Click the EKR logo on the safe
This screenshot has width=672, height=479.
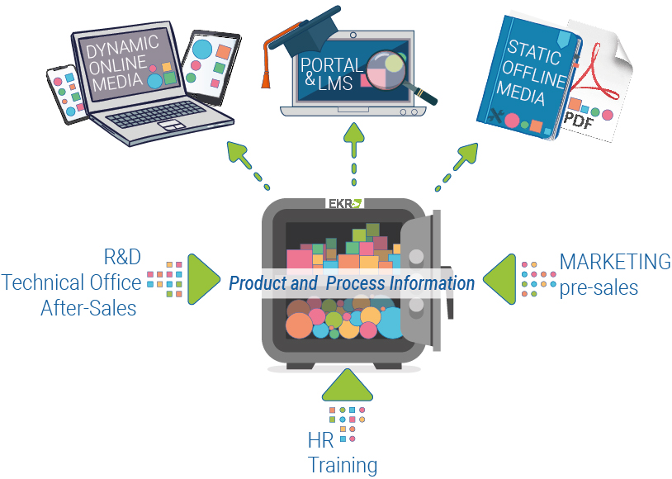pyautogui.click(x=345, y=203)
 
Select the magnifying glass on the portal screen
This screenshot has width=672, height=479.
pyautogui.click(x=399, y=75)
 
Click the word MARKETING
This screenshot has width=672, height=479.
pyautogui.click(x=615, y=262)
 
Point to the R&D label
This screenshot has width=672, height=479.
pyautogui.click(x=122, y=257)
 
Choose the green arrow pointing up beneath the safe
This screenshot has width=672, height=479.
pyautogui.click(x=347, y=384)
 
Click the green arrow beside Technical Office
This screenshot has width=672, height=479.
pyautogui.click(x=204, y=279)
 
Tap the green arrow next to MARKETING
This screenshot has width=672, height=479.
pyautogui.click(x=499, y=279)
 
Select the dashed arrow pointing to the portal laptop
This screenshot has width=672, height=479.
pyautogui.click(x=354, y=154)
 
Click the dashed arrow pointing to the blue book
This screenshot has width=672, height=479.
pyautogui.click(x=457, y=166)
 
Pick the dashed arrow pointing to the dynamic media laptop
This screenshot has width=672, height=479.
pyautogui.click(x=248, y=165)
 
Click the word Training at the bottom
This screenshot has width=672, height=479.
pyautogui.click(x=343, y=465)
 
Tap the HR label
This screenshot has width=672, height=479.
pyautogui.click(x=320, y=440)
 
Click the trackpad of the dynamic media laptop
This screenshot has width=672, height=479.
pyautogui.click(x=171, y=126)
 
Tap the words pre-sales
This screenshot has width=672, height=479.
pyautogui.click(x=599, y=288)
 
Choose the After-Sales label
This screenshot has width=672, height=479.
pyautogui.click(x=88, y=308)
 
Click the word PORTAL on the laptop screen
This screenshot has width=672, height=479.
pyautogui.click(x=332, y=65)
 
